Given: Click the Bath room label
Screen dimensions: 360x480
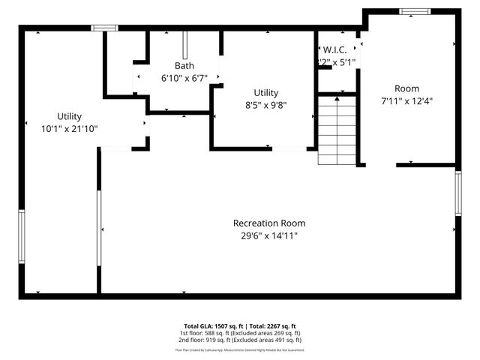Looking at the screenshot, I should (x=184, y=65).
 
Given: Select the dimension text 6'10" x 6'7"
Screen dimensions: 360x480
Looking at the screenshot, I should (x=184, y=78).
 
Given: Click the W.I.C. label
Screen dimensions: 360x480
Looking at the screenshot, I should (x=334, y=49).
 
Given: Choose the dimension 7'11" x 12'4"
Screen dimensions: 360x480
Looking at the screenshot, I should (x=407, y=100).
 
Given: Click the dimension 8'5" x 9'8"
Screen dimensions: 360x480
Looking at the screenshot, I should (x=265, y=105).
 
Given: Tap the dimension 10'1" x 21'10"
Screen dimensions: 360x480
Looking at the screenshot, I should (x=70, y=129).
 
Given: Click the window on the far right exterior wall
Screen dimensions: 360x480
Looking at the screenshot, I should (x=457, y=193).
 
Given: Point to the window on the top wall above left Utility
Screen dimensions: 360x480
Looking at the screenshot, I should (x=104, y=28).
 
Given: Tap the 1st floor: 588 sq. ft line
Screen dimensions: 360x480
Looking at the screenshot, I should (x=240, y=333).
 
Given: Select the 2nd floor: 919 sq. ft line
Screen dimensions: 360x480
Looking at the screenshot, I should (x=240, y=340).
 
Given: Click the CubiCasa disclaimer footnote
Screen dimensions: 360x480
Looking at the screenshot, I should (x=240, y=349).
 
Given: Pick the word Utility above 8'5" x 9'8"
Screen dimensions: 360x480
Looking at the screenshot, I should (x=265, y=92).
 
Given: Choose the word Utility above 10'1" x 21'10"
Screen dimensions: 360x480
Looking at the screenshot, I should (x=70, y=116).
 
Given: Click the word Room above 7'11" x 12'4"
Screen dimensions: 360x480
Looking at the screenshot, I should (x=407, y=88).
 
